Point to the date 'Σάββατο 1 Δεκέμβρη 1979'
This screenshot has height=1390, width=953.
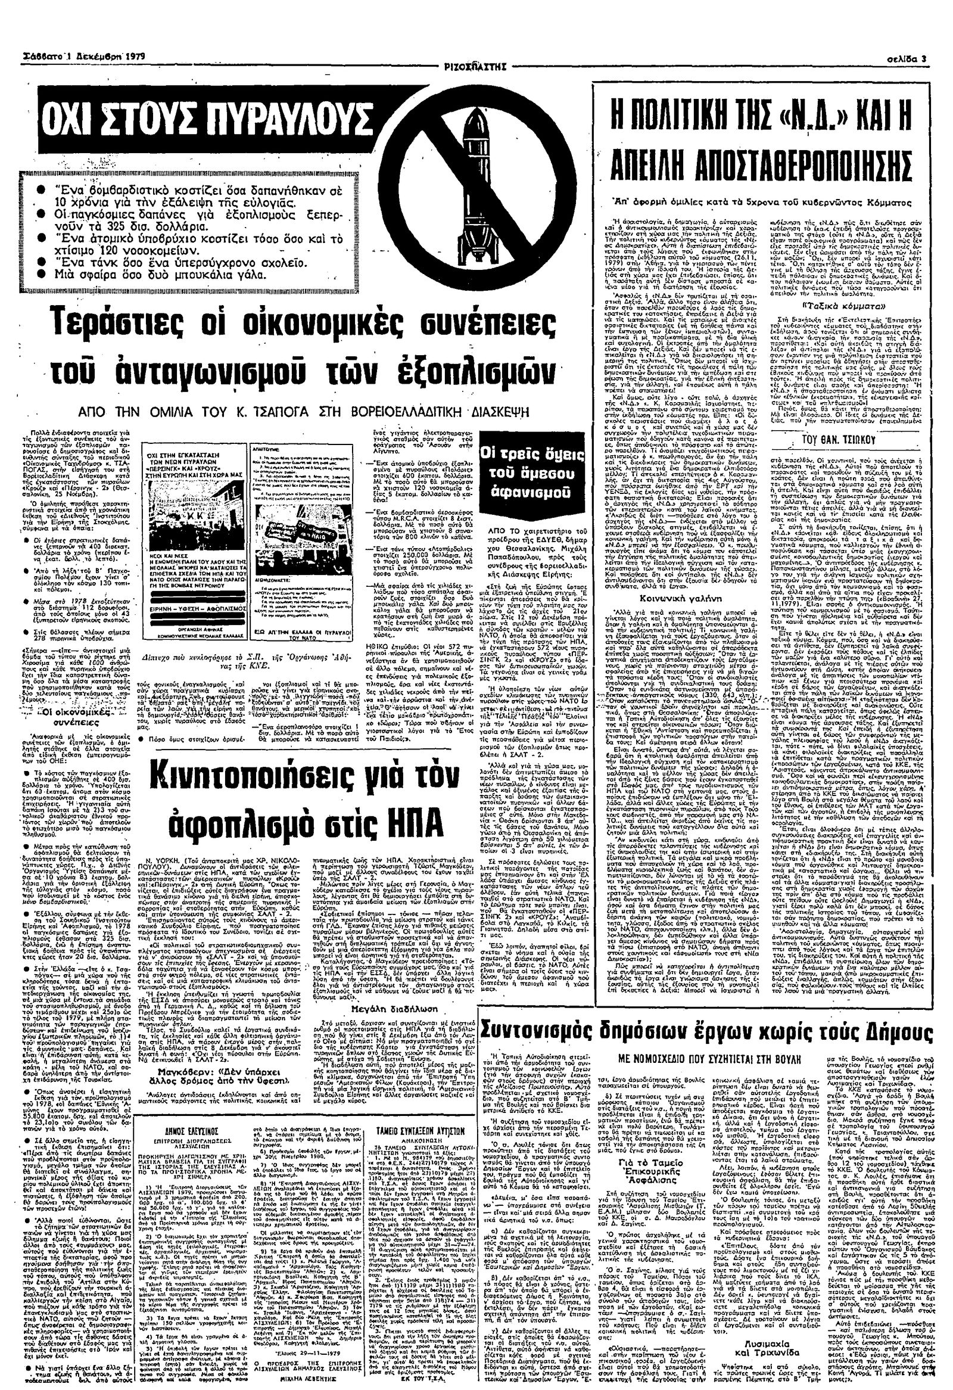click(77, 58)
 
